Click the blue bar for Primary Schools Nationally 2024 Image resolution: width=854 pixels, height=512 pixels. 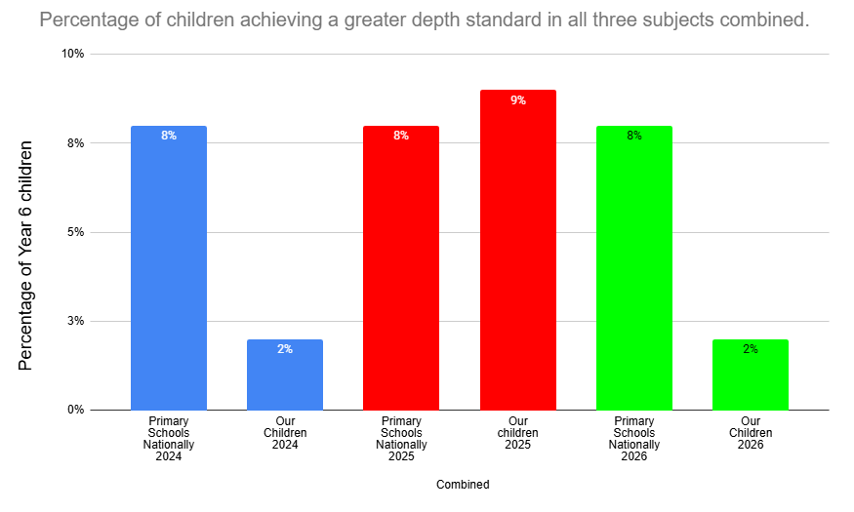click(x=169, y=267)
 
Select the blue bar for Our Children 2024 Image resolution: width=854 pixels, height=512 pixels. click(x=285, y=374)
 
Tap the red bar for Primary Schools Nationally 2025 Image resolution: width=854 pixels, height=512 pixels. click(x=401, y=267)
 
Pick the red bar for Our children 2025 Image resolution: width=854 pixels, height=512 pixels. click(x=518, y=250)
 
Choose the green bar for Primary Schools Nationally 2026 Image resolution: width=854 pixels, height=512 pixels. click(x=634, y=267)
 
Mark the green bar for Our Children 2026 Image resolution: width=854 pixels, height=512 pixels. click(x=751, y=374)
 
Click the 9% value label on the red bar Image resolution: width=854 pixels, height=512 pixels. click(x=518, y=100)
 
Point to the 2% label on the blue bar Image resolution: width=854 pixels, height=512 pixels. click(x=285, y=349)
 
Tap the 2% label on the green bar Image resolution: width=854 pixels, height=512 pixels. click(x=751, y=349)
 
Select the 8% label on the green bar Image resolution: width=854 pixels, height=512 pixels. click(x=634, y=136)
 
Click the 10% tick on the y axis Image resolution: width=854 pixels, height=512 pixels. click(x=73, y=54)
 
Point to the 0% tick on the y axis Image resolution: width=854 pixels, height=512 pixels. click(x=76, y=410)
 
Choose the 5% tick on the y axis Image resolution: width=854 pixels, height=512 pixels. click(x=76, y=232)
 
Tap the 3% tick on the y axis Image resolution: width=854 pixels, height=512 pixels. click(x=76, y=321)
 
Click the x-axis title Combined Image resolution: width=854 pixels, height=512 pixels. click(x=463, y=485)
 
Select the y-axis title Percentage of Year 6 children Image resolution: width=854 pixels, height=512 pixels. click(x=25, y=256)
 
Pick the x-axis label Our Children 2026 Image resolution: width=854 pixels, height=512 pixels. click(x=751, y=433)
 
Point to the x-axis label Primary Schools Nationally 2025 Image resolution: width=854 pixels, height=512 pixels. click(x=401, y=439)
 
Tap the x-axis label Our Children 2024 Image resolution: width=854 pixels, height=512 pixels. click(x=285, y=433)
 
